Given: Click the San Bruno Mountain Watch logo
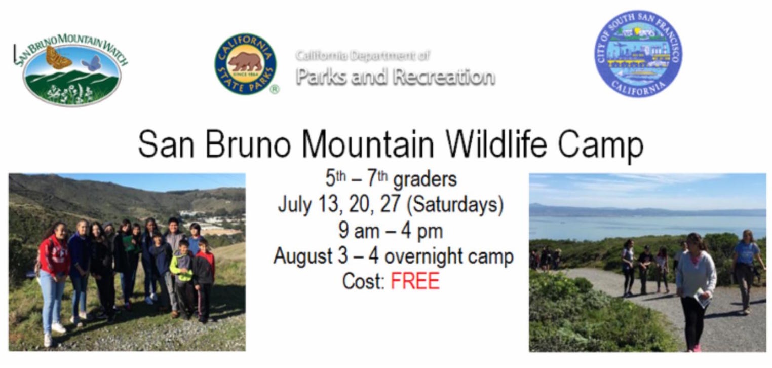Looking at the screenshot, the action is pyautogui.click(x=70, y=69).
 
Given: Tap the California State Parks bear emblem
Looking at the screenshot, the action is pyautogui.click(x=245, y=64).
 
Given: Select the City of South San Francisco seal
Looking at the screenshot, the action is pyautogui.click(x=639, y=53).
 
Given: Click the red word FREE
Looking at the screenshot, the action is pyautogui.click(x=415, y=281).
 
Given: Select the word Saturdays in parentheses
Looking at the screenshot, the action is pyautogui.click(x=455, y=204).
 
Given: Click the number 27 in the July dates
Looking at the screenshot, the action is pyautogui.click(x=391, y=204).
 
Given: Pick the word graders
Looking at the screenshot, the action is pyautogui.click(x=425, y=179).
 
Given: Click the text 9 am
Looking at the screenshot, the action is pyautogui.click(x=359, y=231).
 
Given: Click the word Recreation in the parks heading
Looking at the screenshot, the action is pyautogui.click(x=444, y=77).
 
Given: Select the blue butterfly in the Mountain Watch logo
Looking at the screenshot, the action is pyautogui.click(x=91, y=63).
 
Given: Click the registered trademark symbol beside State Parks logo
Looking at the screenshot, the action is pyautogui.click(x=274, y=90).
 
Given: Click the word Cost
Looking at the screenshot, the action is pyautogui.click(x=364, y=281).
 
